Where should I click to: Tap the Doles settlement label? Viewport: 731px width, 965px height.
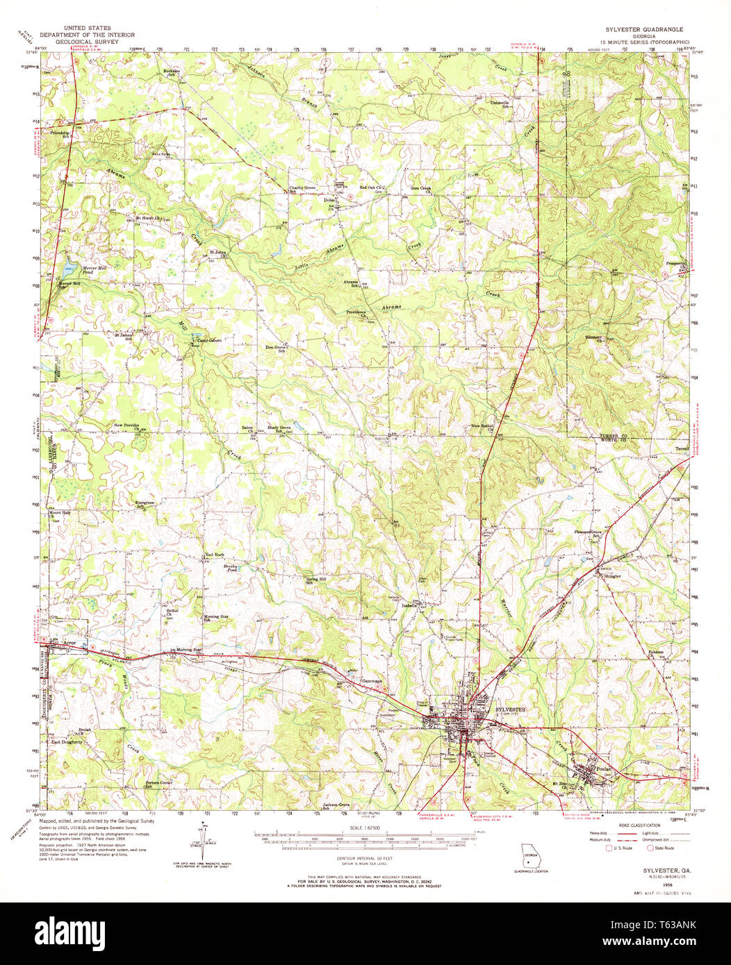click(330, 201)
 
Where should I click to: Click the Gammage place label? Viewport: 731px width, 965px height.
click(371, 680)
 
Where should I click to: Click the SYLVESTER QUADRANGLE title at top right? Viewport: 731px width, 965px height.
click(646, 30)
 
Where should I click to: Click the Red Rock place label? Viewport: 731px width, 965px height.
click(215, 555)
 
